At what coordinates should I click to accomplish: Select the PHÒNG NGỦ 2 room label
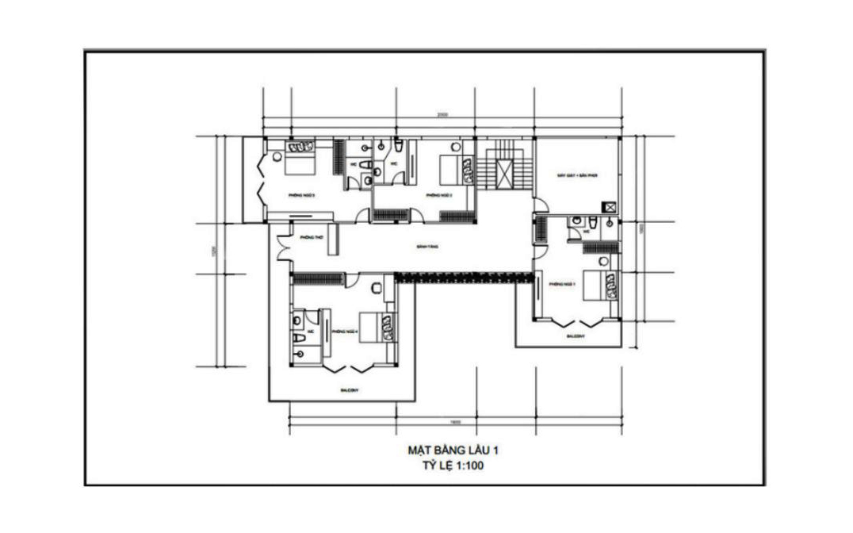(x=438, y=194)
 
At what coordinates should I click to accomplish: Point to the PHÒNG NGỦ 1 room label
(x=561, y=282)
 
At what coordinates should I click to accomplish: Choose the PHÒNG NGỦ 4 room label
(x=346, y=332)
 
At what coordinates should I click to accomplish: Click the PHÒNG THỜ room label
(x=308, y=237)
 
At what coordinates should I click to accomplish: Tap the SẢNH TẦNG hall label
(x=427, y=247)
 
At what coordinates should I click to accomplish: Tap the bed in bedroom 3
(x=300, y=165)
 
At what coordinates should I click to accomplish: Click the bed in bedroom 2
(x=449, y=168)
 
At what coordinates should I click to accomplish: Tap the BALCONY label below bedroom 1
(x=576, y=336)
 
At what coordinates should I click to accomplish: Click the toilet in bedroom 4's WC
(x=298, y=338)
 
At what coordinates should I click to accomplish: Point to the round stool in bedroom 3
(x=277, y=156)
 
